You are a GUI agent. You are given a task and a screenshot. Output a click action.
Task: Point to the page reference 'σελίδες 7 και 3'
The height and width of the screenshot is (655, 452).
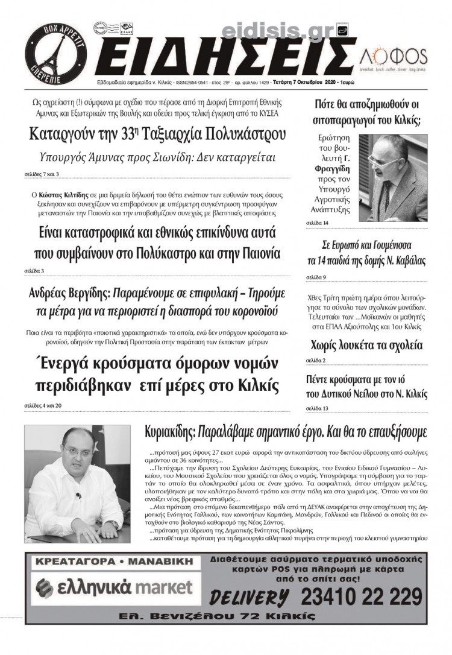click(x=42, y=175)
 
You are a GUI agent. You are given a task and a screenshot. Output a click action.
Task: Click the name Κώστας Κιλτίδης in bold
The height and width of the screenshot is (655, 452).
click(x=57, y=196)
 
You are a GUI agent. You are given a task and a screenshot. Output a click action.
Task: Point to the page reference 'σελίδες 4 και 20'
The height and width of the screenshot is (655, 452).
click(x=43, y=405)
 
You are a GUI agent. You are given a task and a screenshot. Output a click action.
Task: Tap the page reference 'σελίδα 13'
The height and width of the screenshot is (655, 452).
click(x=318, y=408)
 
